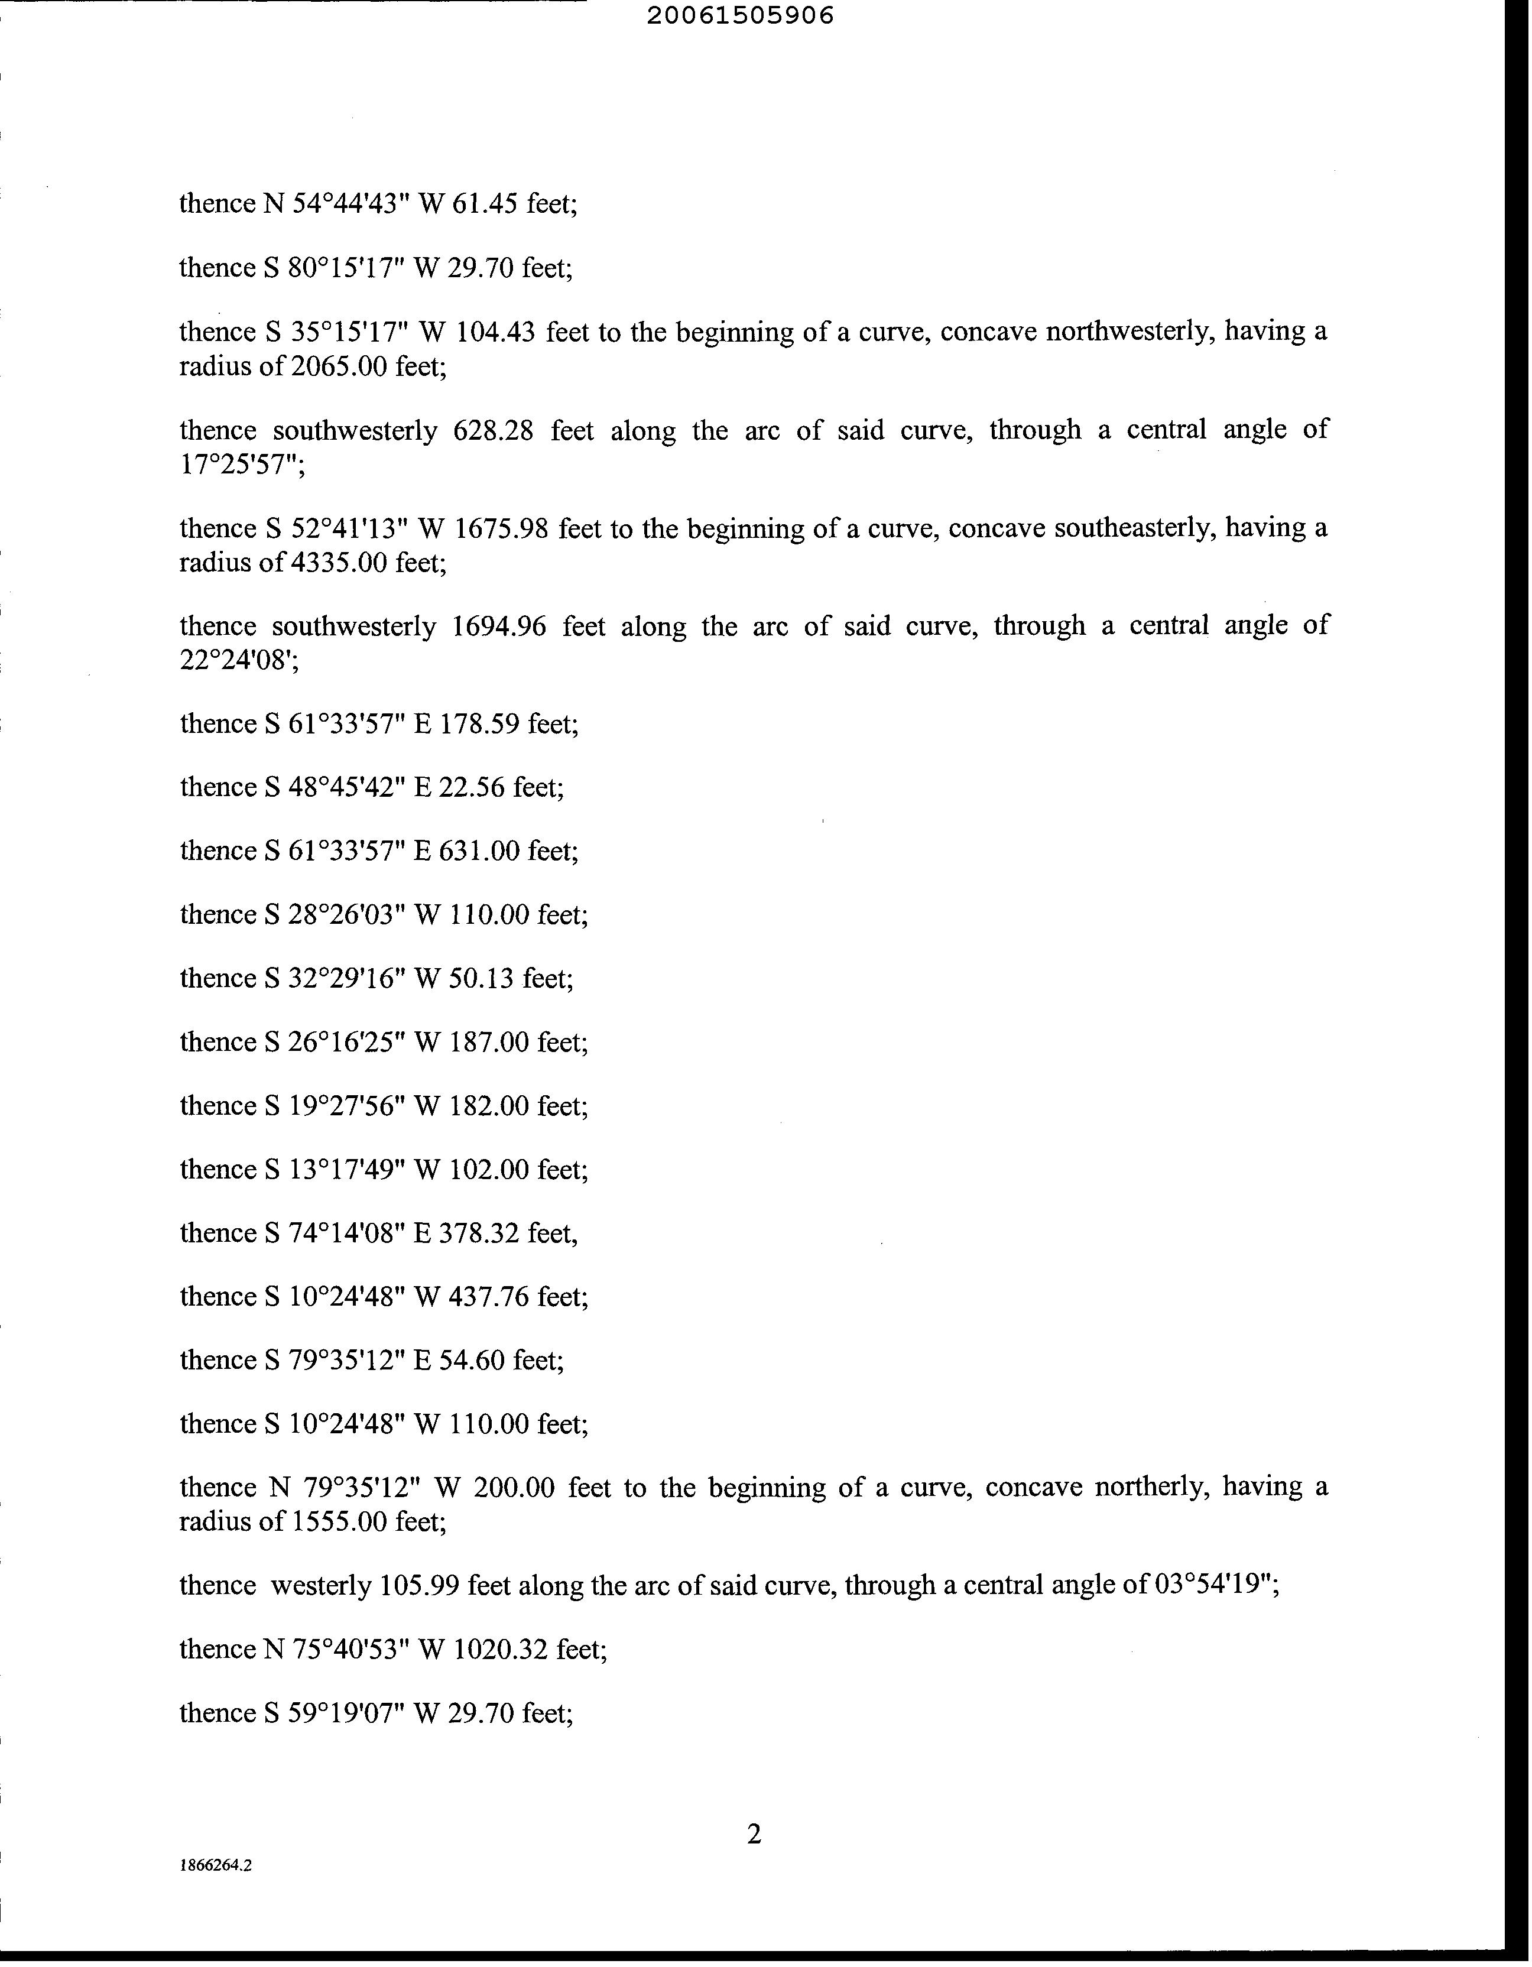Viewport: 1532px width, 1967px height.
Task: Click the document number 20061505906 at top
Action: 741,16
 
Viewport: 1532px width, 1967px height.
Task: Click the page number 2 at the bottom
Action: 755,1833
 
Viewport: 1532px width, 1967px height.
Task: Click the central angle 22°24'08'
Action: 236,661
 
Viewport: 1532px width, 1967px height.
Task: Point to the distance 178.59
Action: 479,724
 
